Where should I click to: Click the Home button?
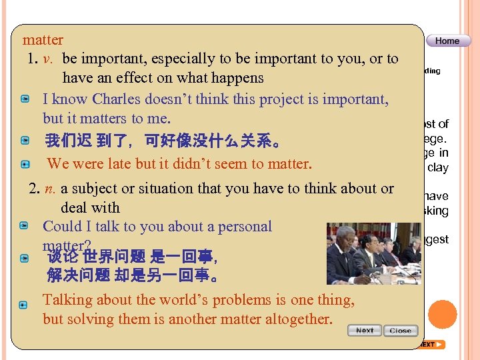447,41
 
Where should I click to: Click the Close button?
400,331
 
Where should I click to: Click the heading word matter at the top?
43,40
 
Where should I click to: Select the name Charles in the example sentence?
116,99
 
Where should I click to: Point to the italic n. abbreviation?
50,189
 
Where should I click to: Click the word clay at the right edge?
438,168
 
